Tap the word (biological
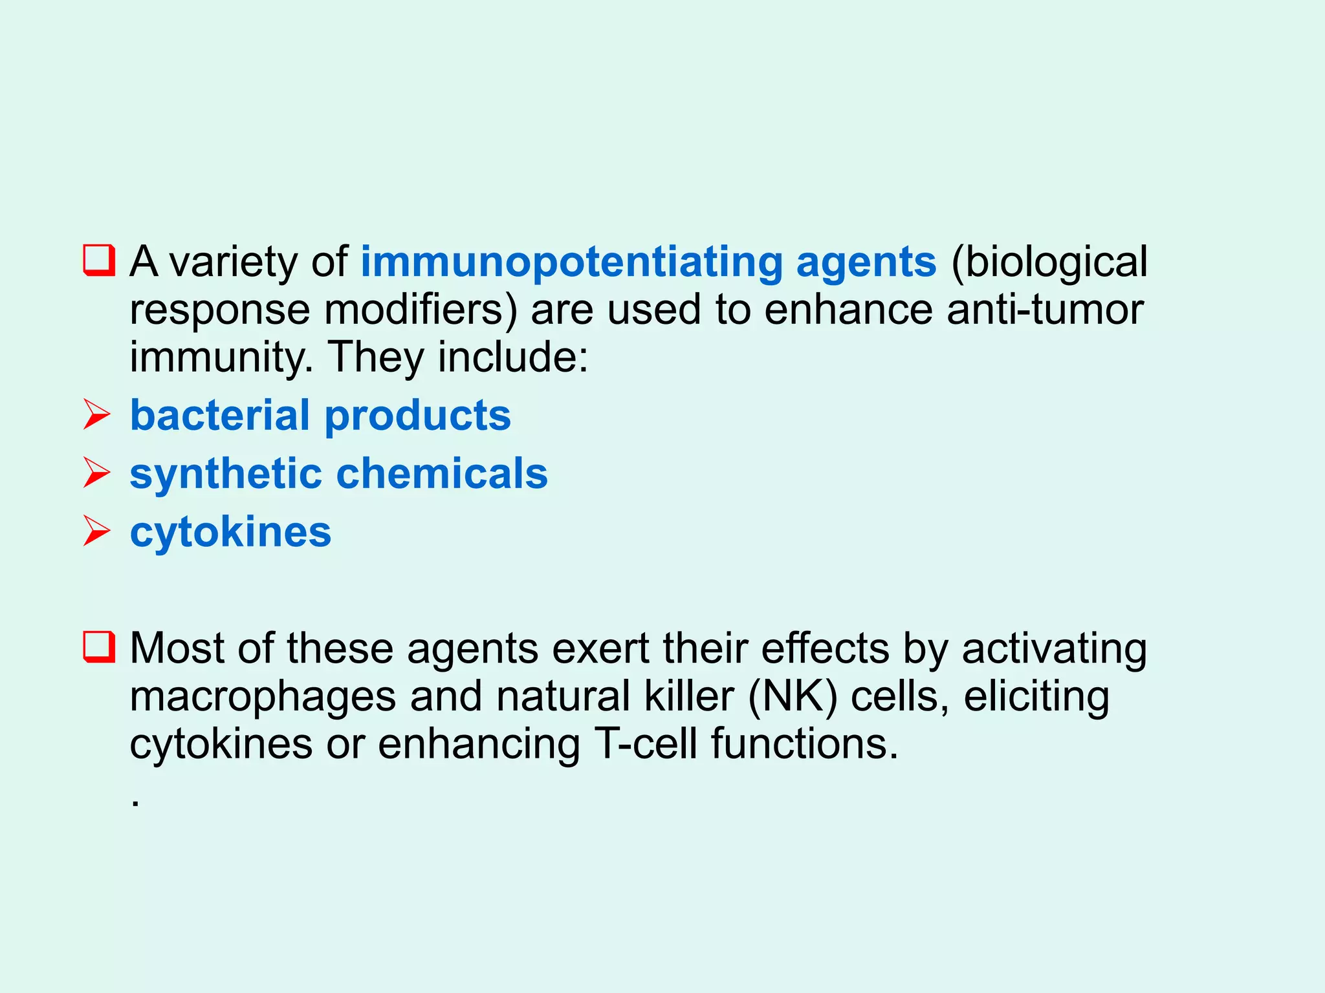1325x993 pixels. tap(1049, 262)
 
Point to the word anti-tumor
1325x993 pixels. tap(1044, 310)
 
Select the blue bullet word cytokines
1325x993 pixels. tap(230, 532)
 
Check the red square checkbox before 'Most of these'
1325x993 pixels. tap(99, 647)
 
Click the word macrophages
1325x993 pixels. tap(263, 698)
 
